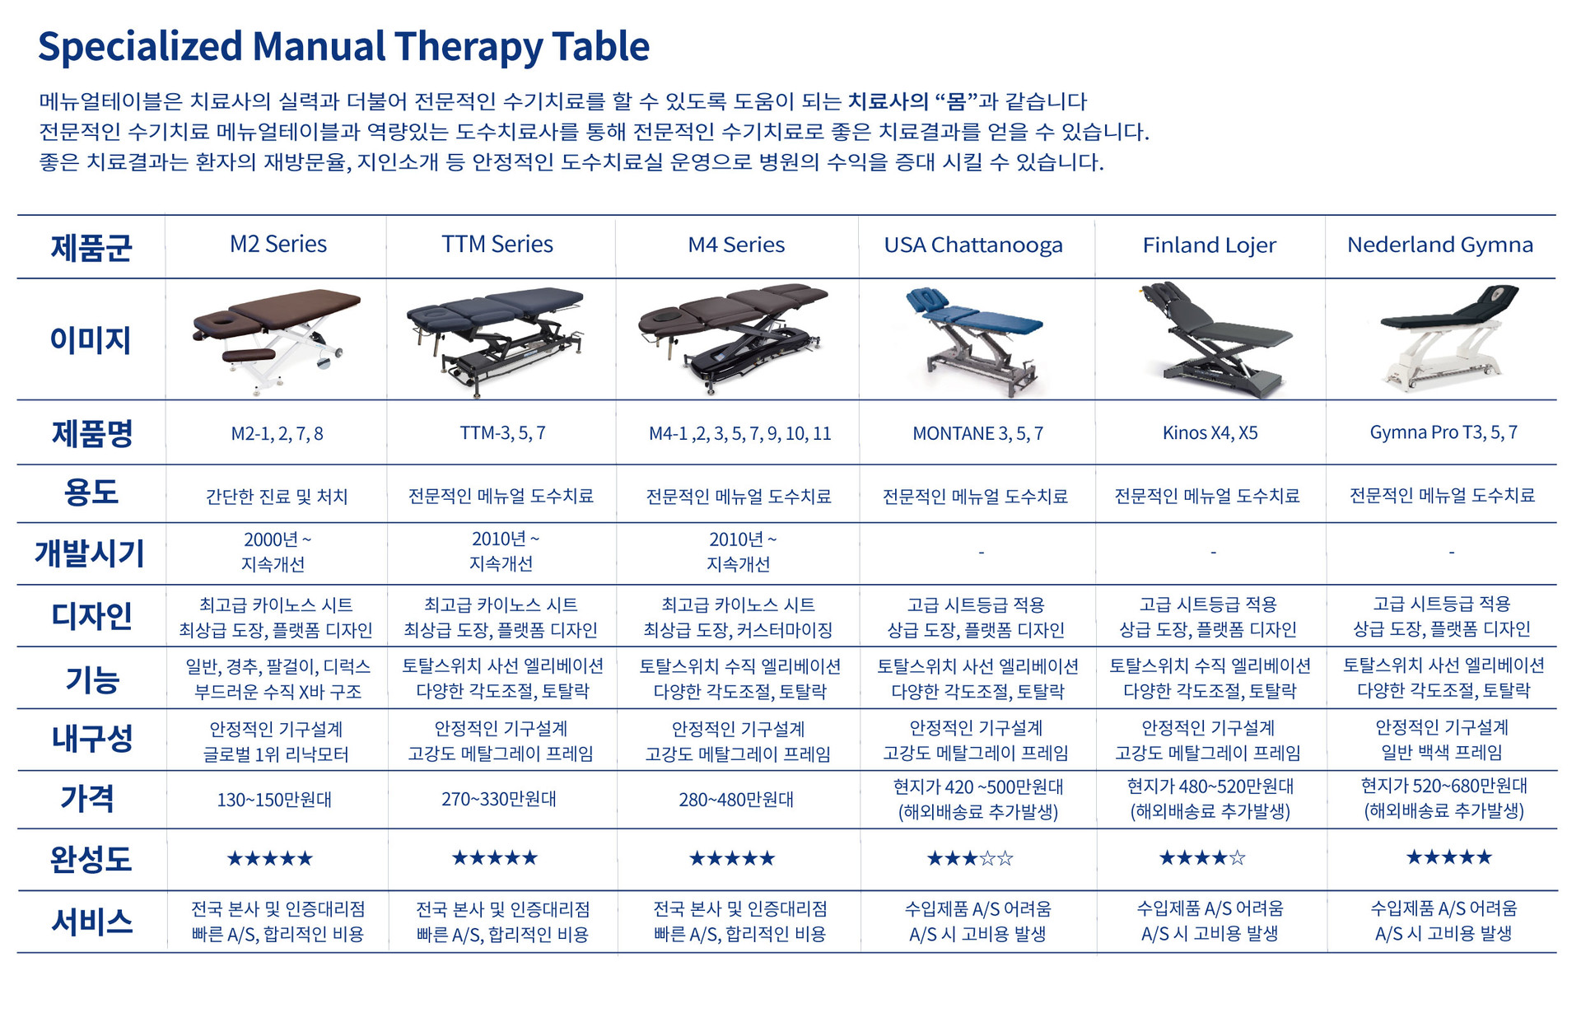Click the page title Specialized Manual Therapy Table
click(343, 47)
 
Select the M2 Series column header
click(278, 245)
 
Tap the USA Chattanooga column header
click(973, 245)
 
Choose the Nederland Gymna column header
click(1440, 245)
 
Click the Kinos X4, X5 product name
click(1210, 433)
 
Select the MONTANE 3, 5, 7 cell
click(977, 434)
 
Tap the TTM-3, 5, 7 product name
click(502, 433)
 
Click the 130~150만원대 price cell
click(274, 800)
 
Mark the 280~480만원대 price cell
click(736, 800)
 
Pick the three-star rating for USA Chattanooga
click(970, 859)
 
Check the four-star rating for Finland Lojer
click(1202, 858)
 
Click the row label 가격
click(87, 798)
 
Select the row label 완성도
click(91, 859)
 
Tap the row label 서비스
click(91, 922)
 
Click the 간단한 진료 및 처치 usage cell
click(277, 497)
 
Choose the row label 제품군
click(91, 247)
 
